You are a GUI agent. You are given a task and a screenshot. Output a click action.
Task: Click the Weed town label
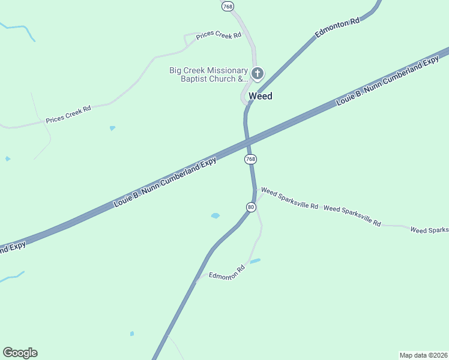pos(260,96)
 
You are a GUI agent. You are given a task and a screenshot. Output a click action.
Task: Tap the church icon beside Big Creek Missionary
pos(258,74)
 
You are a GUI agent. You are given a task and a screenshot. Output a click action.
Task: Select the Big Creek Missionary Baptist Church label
pos(208,74)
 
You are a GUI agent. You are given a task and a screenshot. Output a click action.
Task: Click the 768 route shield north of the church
pos(228,6)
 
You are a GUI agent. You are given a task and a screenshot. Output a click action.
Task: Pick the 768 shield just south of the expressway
pos(250,159)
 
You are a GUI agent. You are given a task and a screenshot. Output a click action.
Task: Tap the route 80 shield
pos(251,207)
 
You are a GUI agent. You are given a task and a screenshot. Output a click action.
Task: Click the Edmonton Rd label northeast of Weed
pos(337,29)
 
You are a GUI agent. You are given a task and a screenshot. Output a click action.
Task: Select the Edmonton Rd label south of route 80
pos(228,272)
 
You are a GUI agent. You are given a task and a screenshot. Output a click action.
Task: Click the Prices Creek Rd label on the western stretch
pos(68,115)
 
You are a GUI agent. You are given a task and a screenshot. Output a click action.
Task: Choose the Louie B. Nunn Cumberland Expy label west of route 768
pos(165,183)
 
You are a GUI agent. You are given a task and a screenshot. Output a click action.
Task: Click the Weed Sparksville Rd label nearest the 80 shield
pos(289,198)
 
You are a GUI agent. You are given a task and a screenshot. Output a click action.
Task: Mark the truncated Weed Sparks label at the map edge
pos(429,230)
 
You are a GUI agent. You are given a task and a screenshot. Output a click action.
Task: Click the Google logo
pos(20,353)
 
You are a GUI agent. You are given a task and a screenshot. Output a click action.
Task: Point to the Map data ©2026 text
pos(423,355)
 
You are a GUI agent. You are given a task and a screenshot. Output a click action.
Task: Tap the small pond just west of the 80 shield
pos(215,215)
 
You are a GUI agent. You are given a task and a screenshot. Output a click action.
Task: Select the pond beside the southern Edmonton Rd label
pos(255,261)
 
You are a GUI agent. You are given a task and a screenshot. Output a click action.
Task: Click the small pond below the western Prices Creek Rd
pos(112,128)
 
